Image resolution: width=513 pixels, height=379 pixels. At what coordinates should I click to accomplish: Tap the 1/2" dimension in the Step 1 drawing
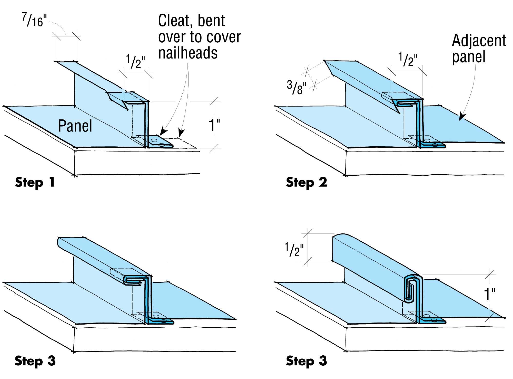tap(135, 62)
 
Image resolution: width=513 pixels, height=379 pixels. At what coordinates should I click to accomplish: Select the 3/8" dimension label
tap(297, 88)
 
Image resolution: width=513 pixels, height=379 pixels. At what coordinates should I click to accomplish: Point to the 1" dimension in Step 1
tap(214, 125)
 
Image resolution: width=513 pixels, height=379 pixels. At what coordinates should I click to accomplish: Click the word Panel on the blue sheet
tap(75, 126)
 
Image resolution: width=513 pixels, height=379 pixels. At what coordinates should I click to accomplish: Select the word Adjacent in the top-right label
tap(479, 41)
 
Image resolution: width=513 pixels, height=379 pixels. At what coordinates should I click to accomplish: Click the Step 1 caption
tap(35, 182)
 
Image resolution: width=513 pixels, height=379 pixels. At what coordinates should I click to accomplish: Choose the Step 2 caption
tap(307, 182)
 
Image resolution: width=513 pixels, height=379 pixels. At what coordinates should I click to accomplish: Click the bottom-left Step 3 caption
tap(35, 361)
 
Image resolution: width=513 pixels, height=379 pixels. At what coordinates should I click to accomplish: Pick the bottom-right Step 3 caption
tap(307, 361)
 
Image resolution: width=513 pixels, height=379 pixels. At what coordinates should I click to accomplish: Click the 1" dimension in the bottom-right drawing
tap(489, 295)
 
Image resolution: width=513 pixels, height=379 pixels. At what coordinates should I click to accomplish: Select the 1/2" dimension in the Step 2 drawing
tap(408, 60)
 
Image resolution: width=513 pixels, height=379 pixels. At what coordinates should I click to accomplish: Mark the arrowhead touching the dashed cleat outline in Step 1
tap(181, 133)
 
